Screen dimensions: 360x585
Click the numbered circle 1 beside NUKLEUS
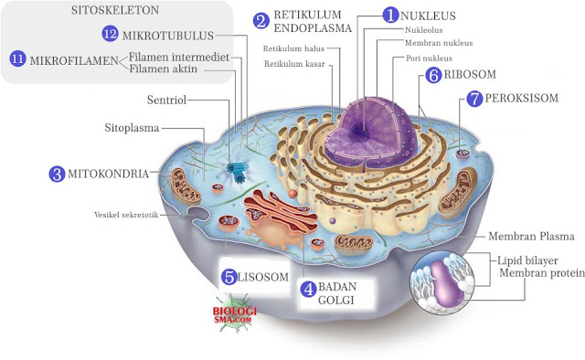pos(390,16)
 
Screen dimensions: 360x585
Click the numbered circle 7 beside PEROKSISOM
pos(473,99)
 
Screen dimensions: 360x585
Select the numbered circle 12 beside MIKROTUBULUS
pos(111,34)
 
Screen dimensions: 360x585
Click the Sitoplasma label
pos(133,128)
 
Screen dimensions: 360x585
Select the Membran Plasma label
pos(528,234)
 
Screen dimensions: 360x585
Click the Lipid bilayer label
pos(536,260)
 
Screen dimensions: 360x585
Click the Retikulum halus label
pos(292,48)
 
